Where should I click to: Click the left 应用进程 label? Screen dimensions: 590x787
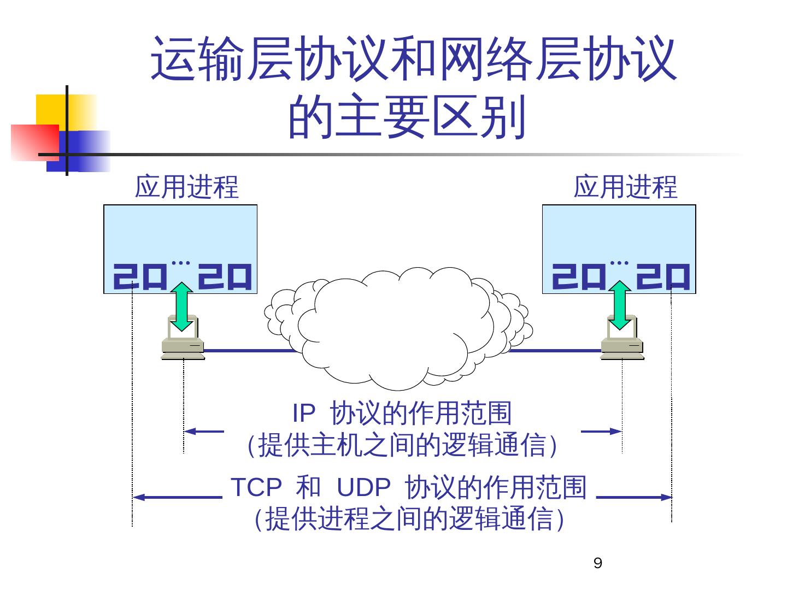[187, 187]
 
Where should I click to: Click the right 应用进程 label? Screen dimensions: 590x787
[625, 187]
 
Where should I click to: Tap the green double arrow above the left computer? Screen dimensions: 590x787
[183, 306]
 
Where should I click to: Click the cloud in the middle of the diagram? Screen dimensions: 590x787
[393, 328]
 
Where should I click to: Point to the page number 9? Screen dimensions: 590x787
[597, 564]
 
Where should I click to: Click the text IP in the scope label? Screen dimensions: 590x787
[304, 414]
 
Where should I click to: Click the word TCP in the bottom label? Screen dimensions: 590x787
[256, 487]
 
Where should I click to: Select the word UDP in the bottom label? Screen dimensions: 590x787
[363, 487]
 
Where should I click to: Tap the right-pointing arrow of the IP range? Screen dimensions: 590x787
[601, 431]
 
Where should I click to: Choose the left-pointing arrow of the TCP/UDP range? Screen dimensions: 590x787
[178, 497]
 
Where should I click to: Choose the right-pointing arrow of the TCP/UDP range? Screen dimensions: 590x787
[634, 497]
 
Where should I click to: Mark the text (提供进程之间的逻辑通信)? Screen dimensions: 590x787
[409, 519]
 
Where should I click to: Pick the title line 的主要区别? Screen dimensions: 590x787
[407, 117]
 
